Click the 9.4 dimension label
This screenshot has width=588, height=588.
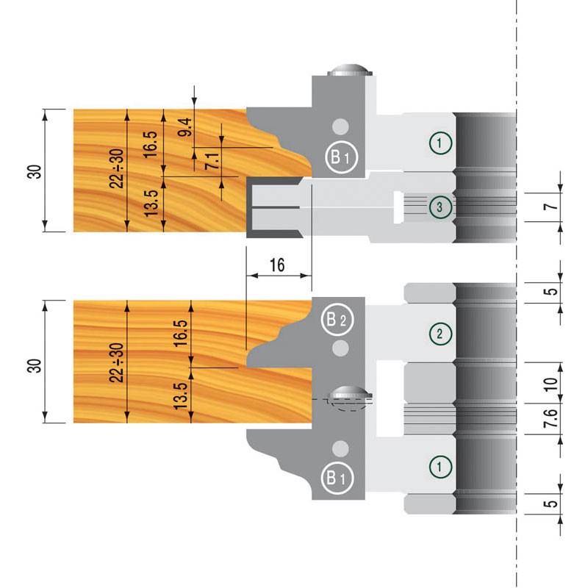pos(185,127)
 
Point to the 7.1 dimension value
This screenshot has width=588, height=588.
pos(212,160)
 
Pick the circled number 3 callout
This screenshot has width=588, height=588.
pos(440,207)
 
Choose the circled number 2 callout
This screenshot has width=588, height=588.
pos(440,334)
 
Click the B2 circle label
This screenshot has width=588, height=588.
pos(337,320)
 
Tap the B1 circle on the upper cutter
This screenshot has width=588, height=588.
pos(341,157)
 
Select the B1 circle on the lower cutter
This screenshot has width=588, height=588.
pos(337,478)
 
